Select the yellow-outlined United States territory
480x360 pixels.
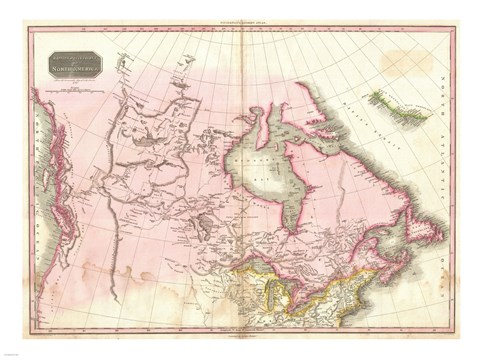tap(330, 300)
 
